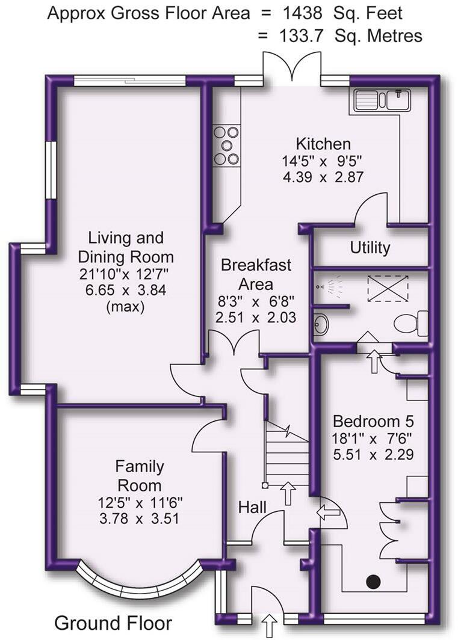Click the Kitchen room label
click(x=323, y=144)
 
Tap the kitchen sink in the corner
click(x=382, y=99)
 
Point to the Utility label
click(x=370, y=248)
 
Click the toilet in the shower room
click(x=412, y=324)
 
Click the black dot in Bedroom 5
click(x=374, y=581)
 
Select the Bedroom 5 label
click(x=373, y=420)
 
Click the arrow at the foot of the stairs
click(x=288, y=493)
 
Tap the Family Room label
click(x=140, y=476)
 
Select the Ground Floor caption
click(x=113, y=623)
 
